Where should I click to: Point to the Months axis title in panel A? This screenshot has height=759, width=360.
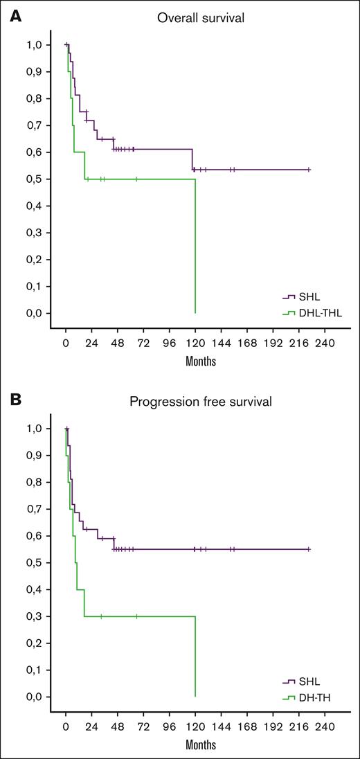coord(200,361)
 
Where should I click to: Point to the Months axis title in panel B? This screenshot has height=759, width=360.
coord(200,744)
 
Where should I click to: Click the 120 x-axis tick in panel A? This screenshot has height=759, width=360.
coord(195,343)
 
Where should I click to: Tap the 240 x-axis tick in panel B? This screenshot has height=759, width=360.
coord(325,726)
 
